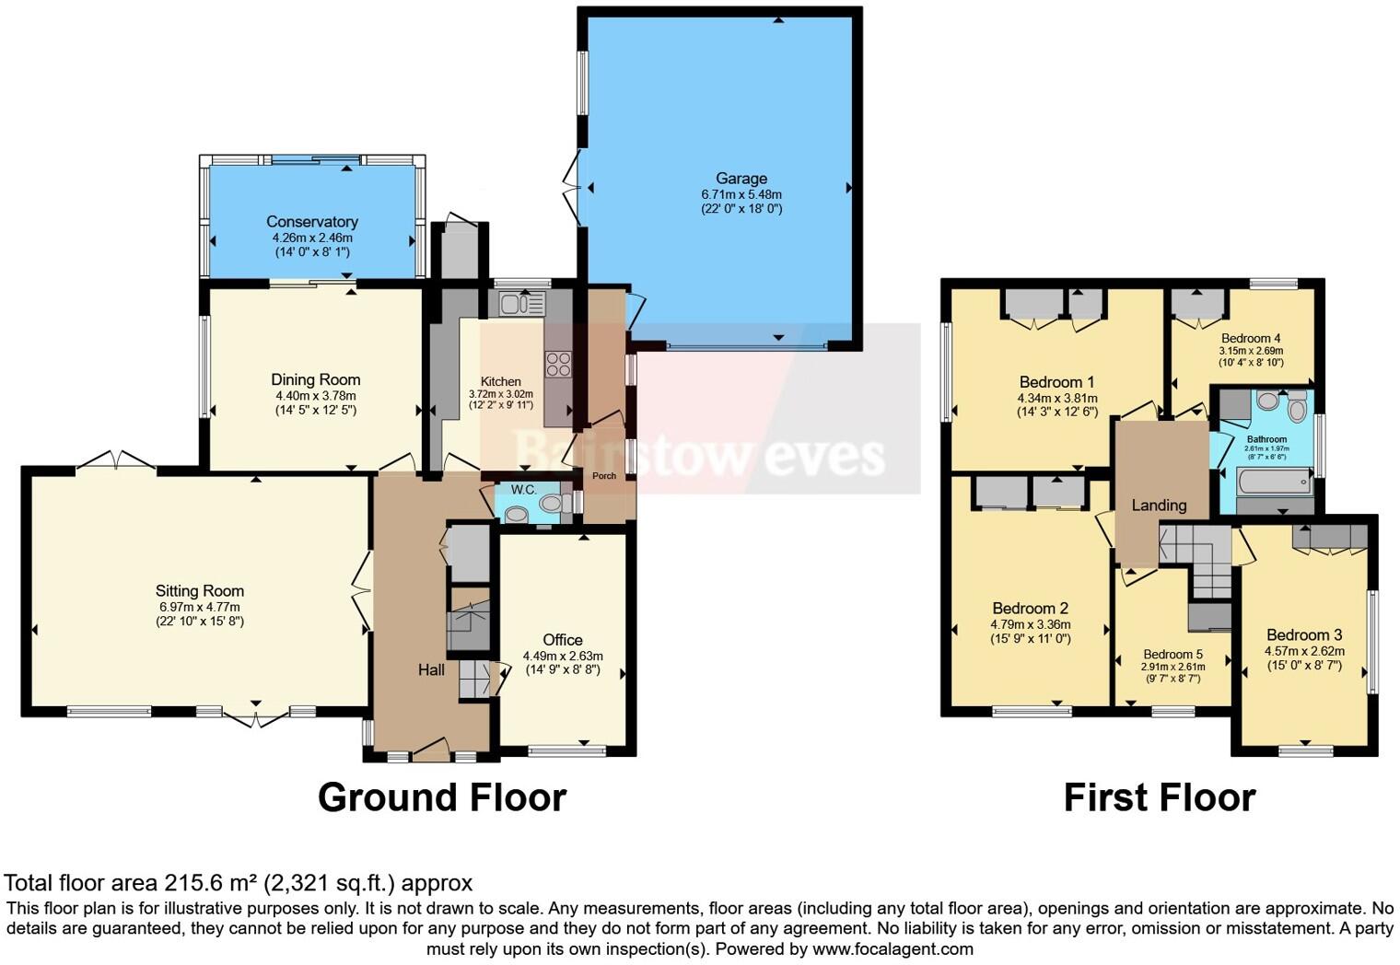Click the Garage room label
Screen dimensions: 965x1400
pos(741,179)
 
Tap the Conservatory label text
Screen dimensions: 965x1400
pos(311,222)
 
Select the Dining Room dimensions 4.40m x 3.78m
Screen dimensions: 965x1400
pos(315,396)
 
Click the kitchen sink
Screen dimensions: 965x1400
pos(522,303)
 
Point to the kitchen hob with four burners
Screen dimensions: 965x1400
pos(558,365)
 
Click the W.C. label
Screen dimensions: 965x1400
pos(523,489)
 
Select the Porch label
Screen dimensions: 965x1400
pos(604,476)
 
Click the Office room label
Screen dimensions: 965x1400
pos(562,640)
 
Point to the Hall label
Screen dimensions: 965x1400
pos(431,670)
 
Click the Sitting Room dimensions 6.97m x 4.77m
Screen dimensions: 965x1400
pos(199,608)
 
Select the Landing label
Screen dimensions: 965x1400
pos(1159,505)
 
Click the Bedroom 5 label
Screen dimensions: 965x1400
pos(1172,655)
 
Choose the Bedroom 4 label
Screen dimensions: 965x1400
pos(1251,338)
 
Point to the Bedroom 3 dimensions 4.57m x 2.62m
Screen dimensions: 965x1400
pos(1304,651)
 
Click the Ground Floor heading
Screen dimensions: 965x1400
pos(442,797)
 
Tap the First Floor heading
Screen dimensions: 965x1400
pos(1160,797)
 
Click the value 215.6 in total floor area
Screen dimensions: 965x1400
pos(194,883)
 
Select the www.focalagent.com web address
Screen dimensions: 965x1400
pos(892,948)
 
